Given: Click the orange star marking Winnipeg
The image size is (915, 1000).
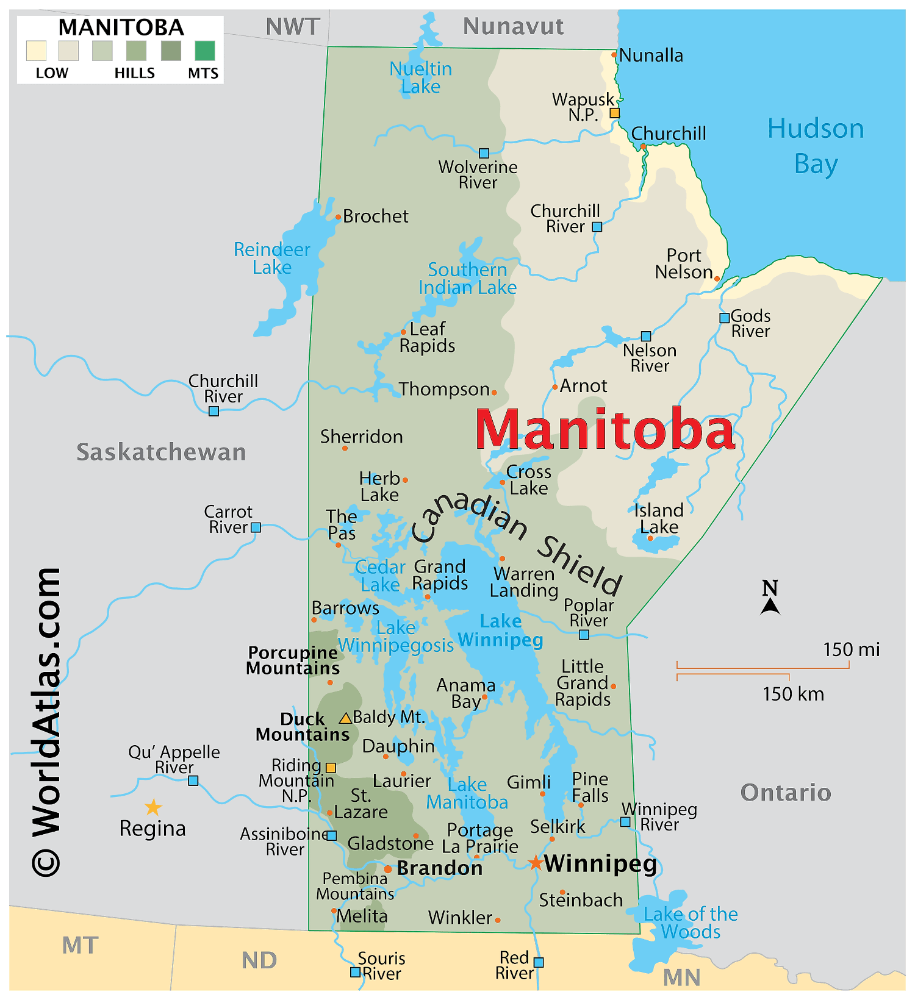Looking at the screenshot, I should (535, 863).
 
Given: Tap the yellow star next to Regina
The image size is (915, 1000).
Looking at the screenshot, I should (153, 807).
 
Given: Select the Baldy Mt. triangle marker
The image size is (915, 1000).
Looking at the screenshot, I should (345, 718).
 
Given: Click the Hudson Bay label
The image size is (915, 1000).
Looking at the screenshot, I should (816, 146).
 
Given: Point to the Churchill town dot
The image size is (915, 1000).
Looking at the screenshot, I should (643, 146).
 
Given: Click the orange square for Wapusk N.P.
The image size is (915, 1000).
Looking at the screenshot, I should (615, 113).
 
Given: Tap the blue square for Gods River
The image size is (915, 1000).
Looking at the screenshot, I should (724, 318).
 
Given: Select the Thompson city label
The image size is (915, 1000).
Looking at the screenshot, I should (444, 389).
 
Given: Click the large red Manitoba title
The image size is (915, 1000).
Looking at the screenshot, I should (605, 430).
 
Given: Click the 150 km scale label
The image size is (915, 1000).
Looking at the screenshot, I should (793, 694).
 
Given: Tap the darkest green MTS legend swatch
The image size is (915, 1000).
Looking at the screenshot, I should (205, 51).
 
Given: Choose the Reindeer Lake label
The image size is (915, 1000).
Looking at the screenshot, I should (272, 258).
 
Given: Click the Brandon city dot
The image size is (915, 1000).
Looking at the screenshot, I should (388, 869).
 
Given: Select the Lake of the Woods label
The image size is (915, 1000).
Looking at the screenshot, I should (691, 923).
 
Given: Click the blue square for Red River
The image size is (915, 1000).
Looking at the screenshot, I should (539, 962).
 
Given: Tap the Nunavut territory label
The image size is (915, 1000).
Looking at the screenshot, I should (513, 26).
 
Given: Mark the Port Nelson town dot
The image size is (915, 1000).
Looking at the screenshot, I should (717, 279).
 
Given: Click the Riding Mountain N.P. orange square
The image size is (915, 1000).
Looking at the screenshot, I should (331, 768).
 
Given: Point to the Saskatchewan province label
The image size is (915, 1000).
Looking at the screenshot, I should (161, 452).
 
